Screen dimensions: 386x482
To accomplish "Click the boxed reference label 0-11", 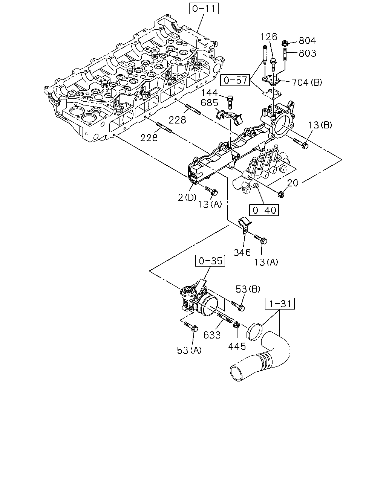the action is pos(204,9).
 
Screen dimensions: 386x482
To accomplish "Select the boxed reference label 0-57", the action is pos(235,80).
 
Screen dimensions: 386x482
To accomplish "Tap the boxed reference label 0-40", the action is pos(264,210).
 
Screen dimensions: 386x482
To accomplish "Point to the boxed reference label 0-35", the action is pos(210,261).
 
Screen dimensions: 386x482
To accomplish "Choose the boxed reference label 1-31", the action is pos(280,304).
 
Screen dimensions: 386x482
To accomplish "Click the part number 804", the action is pos(307,41).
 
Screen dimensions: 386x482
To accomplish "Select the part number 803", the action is pos(307,53).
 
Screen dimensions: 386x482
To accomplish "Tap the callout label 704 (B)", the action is pos(306,82).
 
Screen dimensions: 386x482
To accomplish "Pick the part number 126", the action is pos(269,37).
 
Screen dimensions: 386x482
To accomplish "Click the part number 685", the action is pos(210,103).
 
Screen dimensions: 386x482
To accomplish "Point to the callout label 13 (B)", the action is pos(320,125).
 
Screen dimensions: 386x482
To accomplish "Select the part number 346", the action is pos(242,253).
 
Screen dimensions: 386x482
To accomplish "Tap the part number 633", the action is pos(212,335).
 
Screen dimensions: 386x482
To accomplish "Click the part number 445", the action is pos(237,346).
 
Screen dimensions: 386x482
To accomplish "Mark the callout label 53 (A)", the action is pos(189,350).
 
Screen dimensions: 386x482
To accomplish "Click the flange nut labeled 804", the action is pos(285,43).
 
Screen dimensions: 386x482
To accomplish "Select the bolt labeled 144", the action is pos(230,102).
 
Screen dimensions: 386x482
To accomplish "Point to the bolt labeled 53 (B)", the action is pos(238,306).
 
